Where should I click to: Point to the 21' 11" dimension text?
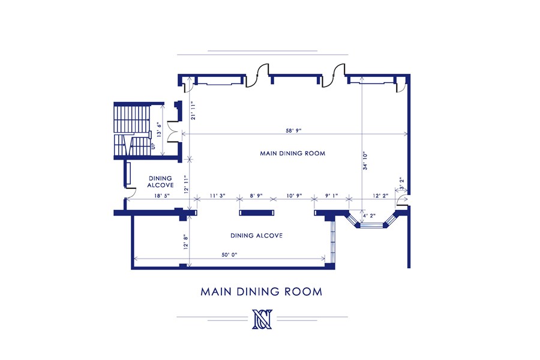point(193,112)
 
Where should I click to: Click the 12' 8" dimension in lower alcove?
point(186,240)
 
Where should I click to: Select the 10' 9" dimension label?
point(293,196)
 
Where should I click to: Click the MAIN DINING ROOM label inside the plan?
point(292,154)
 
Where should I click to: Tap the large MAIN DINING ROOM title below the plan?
point(262,292)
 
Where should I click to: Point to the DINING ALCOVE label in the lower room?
point(256,236)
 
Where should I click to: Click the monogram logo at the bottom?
point(262,318)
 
